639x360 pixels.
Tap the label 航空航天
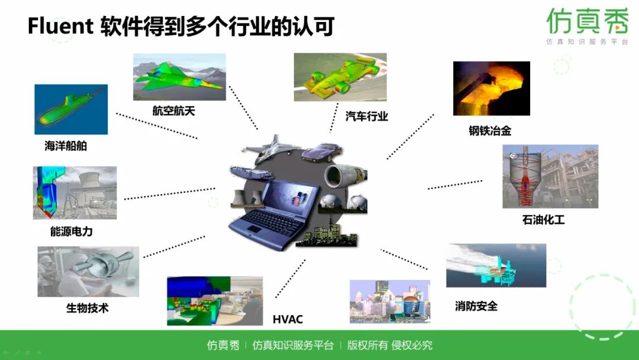coord(173,111)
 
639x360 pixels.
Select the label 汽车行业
coord(367,116)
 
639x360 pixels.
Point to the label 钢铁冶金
coord(490,131)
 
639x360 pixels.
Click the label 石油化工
coord(543,220)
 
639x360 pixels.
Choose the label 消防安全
coord(476,306)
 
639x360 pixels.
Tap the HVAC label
coord(288,320)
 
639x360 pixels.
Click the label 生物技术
coord(88,308)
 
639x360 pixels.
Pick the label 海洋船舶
coord(66,146)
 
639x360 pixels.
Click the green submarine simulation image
coord(71,110)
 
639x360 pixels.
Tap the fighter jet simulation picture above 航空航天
coord(179,78)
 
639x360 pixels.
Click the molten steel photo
coord(491,89)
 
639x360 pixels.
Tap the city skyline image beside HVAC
coord(390,301)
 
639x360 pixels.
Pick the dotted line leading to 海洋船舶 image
coord(157,125)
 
